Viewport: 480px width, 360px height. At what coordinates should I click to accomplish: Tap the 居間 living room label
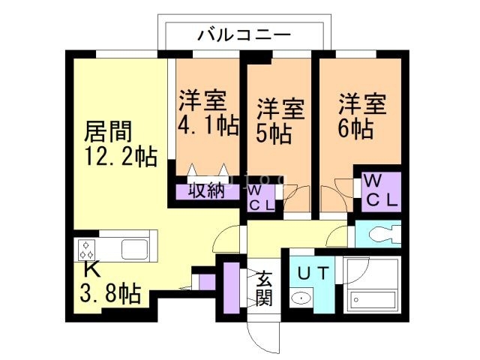(x=107, y=134)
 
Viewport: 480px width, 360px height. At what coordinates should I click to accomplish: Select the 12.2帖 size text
(x=121, y=158)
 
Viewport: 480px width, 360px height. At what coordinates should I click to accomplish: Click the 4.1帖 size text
(x=208, y=124)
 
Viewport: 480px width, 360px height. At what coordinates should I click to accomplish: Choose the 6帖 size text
(x=355, y=127)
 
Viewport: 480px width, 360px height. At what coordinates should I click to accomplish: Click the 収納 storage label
(x=206, y=190)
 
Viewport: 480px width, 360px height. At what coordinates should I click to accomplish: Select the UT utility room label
(x=310, y=273)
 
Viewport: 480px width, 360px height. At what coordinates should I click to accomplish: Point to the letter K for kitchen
(x=91, y=268)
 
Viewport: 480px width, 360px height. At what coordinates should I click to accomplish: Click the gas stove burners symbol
(x=87, y=247)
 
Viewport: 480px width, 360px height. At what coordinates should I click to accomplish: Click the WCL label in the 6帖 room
(x=381, y=191)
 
